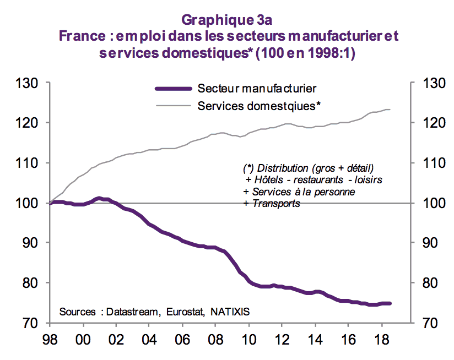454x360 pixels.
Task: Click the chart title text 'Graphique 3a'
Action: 227,20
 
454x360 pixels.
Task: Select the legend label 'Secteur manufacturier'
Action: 257,88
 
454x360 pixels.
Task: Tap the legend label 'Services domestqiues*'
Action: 259,105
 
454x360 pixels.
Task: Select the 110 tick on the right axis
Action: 433,163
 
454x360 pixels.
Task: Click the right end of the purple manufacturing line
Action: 390,303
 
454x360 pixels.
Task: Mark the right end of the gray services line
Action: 390,110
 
